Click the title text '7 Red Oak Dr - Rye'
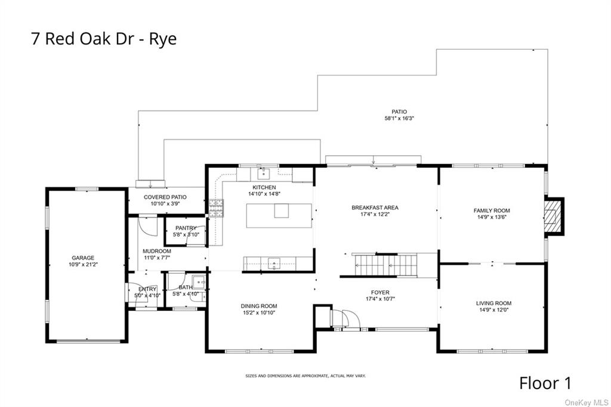[x=104, y=39]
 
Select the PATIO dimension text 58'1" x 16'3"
[x=399, y=118]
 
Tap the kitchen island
[x=280, y=215]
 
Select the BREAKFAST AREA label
[x=375, y=207]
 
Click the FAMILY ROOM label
[x=492, y=210]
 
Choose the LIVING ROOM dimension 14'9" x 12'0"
[x=493, y=310]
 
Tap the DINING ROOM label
[x=259, y=306]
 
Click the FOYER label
[x=380, y=292]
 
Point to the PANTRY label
[x=186, y=228]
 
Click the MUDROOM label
[x=157, y=251]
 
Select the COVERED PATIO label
[x=165, y=197]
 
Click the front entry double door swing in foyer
[x=345, y=319]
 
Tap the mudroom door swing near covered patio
[x=146, y=225]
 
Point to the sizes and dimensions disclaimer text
[x=305, y=376]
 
